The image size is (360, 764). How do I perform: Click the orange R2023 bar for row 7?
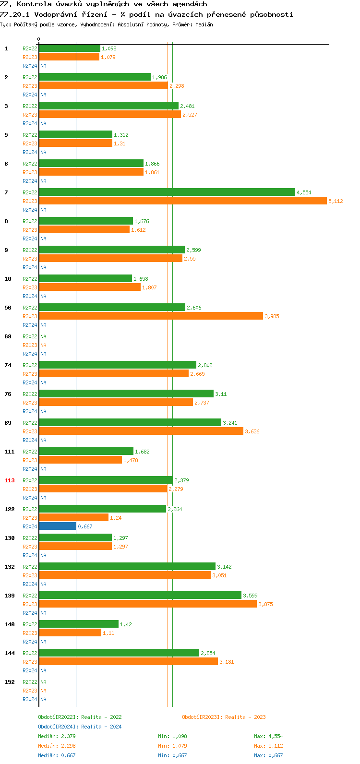coord(182,201)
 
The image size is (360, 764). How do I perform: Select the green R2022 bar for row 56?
coord(112,308)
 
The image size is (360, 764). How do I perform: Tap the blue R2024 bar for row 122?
coord(57,526)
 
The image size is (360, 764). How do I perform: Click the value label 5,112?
coord(336,201)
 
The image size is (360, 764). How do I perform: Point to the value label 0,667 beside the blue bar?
coord(85,526)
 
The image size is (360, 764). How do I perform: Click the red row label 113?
coord(10,480)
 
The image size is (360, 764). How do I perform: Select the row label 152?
coord(10,682)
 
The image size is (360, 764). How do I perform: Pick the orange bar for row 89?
coord(141,431)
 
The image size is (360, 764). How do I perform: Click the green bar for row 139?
coord(140,596)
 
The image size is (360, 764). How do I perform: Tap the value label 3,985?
coord(272,316)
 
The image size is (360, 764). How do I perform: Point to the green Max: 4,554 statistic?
coord(268,736)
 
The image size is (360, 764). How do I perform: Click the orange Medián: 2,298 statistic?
coord(57,746)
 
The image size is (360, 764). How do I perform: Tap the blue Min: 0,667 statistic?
coord(172,755)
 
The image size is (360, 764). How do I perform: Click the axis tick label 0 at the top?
coord(39,39)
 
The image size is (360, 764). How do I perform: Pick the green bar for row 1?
coord(70,48)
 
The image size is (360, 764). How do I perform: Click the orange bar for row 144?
coord(128,662)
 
